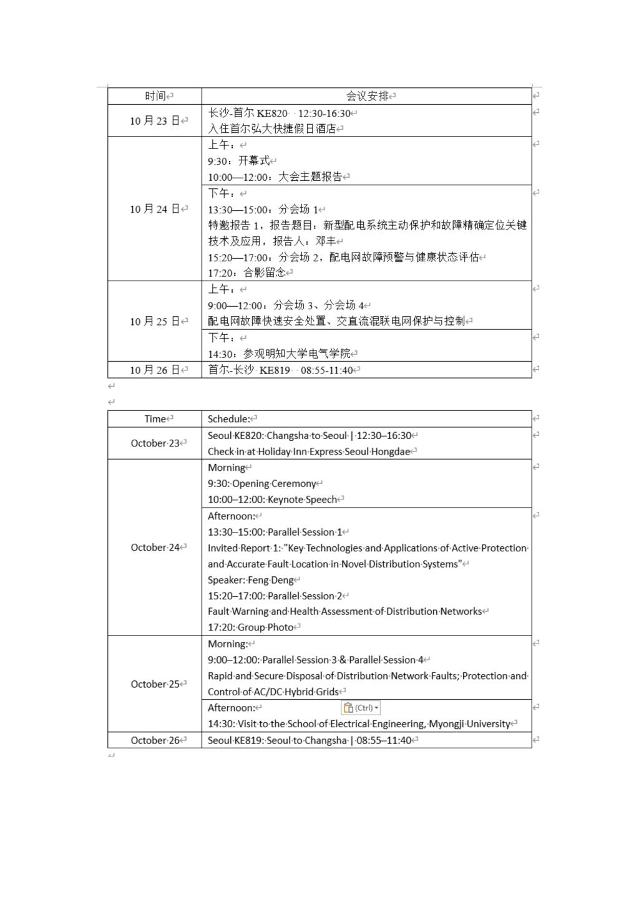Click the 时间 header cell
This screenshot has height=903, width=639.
click(155, 96)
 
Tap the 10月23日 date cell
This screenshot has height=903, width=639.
click(155, 121)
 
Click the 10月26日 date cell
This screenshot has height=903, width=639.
click(155, 370)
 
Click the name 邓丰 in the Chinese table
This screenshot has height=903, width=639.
click(326, 241)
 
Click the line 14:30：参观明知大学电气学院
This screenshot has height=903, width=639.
click(279, 354)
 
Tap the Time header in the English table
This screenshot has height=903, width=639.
click(155, 419)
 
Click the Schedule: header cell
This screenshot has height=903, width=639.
click(229, 419)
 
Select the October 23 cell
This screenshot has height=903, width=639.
click(155, 443)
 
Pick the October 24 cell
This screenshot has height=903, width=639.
click(155, 548)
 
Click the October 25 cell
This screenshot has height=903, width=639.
click(155, 684)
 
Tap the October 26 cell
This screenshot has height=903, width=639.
click(155, 740)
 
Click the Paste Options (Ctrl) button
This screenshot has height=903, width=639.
click(361, 708)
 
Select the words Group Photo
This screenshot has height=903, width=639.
click(265, 627)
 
